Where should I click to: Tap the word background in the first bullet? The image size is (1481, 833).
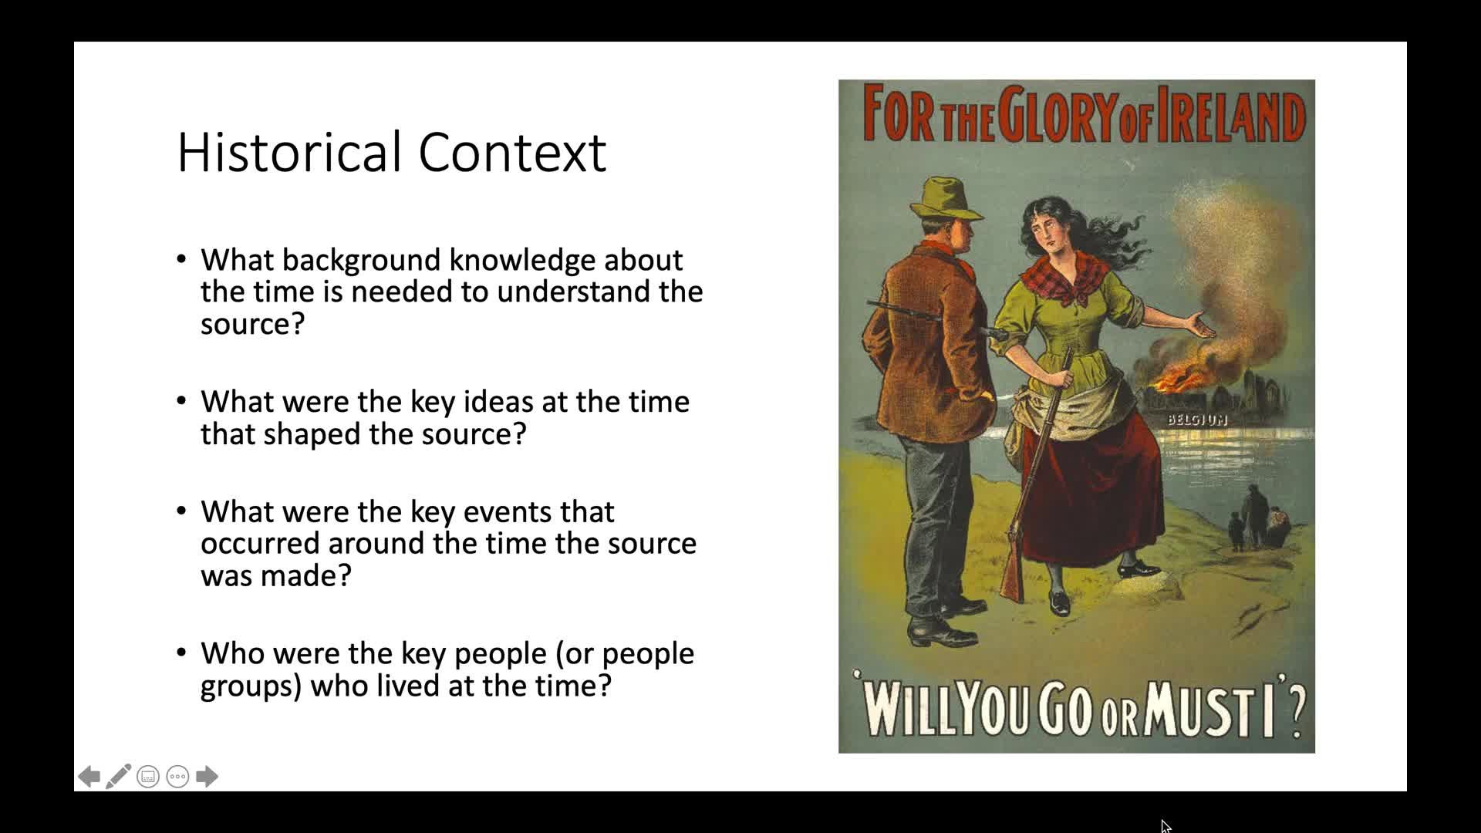(x=363, y=260)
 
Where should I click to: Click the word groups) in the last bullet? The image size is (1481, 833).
(x=251, y=686)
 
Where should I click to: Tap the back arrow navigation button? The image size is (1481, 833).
(x=89, y=776)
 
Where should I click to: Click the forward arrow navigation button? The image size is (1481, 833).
(x=207, y=776)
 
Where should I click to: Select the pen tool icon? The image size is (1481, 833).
(x=119, y=776)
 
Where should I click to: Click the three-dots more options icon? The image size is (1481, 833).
(x=177, y=777)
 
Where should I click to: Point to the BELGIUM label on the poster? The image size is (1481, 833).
(x=1196, y=420)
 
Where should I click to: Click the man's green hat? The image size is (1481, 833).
(x=946, y=199)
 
